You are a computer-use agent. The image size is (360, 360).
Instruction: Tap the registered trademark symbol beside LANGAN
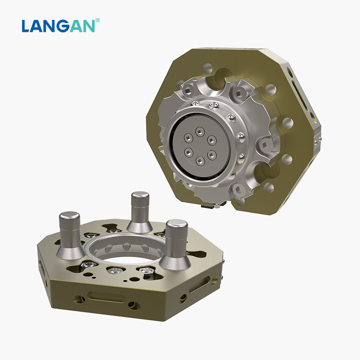[x=98, y=20]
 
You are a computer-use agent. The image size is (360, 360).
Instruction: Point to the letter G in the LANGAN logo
[x=66, y=26]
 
